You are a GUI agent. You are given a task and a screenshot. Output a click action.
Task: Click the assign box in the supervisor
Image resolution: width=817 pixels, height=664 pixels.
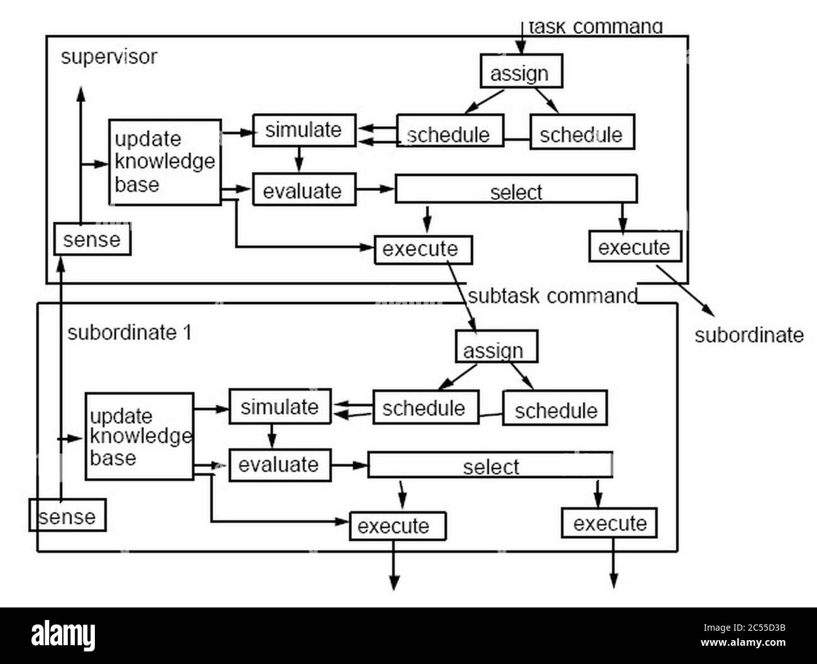click(x=520, y=72)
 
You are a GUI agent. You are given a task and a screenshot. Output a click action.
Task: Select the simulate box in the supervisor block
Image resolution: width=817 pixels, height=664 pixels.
click(x=304, y=130)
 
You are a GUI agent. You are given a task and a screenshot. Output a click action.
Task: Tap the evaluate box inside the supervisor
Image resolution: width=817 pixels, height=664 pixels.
click(x=304, y=190)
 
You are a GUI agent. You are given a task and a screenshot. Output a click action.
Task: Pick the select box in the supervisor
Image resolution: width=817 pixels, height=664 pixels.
click(x=515, y=190)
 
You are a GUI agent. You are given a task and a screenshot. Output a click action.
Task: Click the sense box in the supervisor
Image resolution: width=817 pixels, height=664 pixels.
click(x=92, y=239)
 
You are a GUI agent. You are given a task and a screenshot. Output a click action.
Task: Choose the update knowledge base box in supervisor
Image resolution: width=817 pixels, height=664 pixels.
click(x=165, y=161)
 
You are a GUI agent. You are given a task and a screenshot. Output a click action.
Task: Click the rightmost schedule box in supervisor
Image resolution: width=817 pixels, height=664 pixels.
click(x=581, y=133)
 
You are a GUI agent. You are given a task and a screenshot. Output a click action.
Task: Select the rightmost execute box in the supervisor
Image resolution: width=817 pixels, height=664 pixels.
click(x=634, y=246)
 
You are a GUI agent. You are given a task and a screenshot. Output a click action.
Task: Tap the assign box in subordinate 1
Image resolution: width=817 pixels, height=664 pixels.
click(x=496, y=347)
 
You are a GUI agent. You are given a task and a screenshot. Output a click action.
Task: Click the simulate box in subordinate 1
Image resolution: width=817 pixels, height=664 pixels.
click(x=280, y=406)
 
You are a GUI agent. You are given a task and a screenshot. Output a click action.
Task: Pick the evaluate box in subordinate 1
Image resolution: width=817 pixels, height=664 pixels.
click(x=279, y=465)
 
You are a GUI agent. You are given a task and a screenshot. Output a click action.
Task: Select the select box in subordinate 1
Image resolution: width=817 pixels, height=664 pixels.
click(x=490, y=465)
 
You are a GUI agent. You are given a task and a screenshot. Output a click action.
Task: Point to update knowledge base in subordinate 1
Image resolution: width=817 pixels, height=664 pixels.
click(x=139, y=437)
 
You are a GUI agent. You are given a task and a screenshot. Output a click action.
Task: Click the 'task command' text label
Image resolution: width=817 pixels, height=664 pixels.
click(x=595, y=27)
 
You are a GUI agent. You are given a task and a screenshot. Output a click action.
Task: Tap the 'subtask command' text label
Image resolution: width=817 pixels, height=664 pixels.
click(x=552, y=296)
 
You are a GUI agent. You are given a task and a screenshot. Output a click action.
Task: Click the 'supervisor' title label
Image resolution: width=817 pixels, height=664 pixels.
click(x=109, y=57)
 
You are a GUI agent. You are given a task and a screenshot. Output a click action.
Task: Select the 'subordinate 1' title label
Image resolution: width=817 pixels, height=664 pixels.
click(x=129, y=333)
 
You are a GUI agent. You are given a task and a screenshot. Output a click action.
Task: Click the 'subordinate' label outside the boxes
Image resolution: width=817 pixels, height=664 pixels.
click(x=748, y=335)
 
